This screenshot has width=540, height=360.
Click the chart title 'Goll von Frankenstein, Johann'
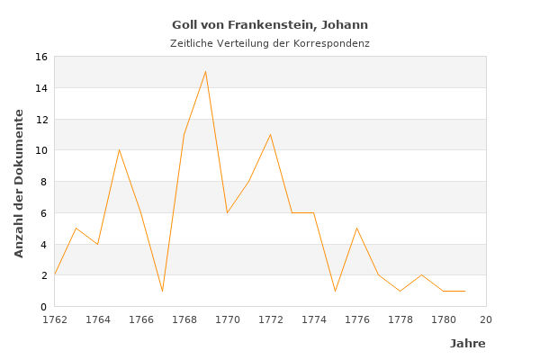coord(270,25)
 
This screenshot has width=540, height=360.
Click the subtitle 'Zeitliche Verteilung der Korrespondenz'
coord(270,43)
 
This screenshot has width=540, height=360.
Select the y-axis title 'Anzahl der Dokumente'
coord(19,183)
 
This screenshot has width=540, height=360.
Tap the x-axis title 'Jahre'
coord(467,344)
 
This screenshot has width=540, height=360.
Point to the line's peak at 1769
coord(205,71)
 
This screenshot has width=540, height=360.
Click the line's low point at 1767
coord(162,291)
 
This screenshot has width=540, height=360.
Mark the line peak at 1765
coord(119,149)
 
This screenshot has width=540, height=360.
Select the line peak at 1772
coord(270,134)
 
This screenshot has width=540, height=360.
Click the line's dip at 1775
coord(335,291)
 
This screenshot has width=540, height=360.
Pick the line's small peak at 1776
coord(356,228)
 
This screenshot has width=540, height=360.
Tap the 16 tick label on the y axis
coord(40,57)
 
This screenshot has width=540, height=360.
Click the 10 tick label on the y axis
coord(40,150)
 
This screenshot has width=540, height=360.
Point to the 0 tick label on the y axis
coord(43,307)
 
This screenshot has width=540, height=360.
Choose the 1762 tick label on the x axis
coord(54,319)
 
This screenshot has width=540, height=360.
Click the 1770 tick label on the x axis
coord(227,319)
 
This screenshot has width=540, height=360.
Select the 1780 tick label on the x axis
coord(443,319)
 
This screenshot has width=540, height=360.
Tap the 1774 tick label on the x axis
coord(313,319)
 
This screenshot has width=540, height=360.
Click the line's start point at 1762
coord(54,274)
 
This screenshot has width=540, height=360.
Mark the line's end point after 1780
coord(464,291)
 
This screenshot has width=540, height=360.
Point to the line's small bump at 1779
coord(421,274)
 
